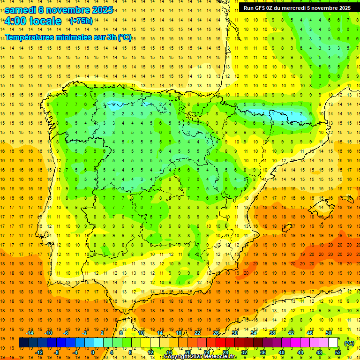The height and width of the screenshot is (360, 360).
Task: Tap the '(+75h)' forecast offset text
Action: pyautogui.click(x=81, y=21)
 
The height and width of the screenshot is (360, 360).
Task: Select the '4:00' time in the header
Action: pyautogui.click(x=15, y=21)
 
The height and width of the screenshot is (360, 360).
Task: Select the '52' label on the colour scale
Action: pyautogui.click(x=337, y=352)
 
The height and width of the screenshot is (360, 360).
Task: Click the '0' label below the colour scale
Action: pyautogui.click(x=93, y=352)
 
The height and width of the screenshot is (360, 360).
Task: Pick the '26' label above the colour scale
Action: pyautogui.click(x=216, y=333)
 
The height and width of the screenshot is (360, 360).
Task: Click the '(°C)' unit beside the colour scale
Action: pyautogui.click(x=349, y=343)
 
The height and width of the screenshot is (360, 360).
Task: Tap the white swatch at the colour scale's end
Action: pyautogui.click(x=333, y=343)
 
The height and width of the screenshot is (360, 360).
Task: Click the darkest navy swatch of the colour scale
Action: pyautogui.click(x=23, y=343)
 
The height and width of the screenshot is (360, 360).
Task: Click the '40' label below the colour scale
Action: pyautogui.click(x=281, y=352)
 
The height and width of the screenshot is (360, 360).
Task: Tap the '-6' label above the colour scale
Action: pyautogui.click(x=67, y=333)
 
